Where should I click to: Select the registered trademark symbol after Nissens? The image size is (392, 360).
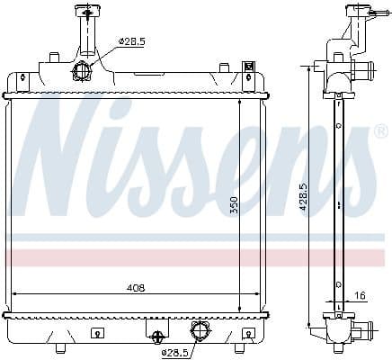pos(380,132)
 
